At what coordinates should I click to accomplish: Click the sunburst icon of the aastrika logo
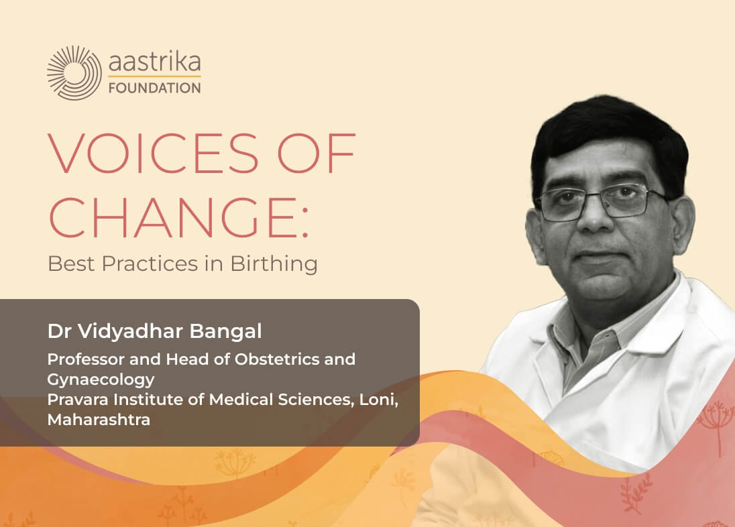tap(74, 72)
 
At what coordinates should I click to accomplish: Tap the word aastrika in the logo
tap(155, 62)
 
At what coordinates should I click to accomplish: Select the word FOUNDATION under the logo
tap(155, 88)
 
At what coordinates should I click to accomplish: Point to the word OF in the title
tap(317, 153)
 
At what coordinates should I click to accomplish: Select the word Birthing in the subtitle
tap(274, 263)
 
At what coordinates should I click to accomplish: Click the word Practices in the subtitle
tap(150, 263)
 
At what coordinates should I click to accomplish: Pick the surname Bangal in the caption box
tap(225, 331)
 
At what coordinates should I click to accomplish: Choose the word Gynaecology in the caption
tap(101, 379)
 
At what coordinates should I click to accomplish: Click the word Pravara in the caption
tap(78, 400)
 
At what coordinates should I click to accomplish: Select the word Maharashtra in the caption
tap(99, 420)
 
